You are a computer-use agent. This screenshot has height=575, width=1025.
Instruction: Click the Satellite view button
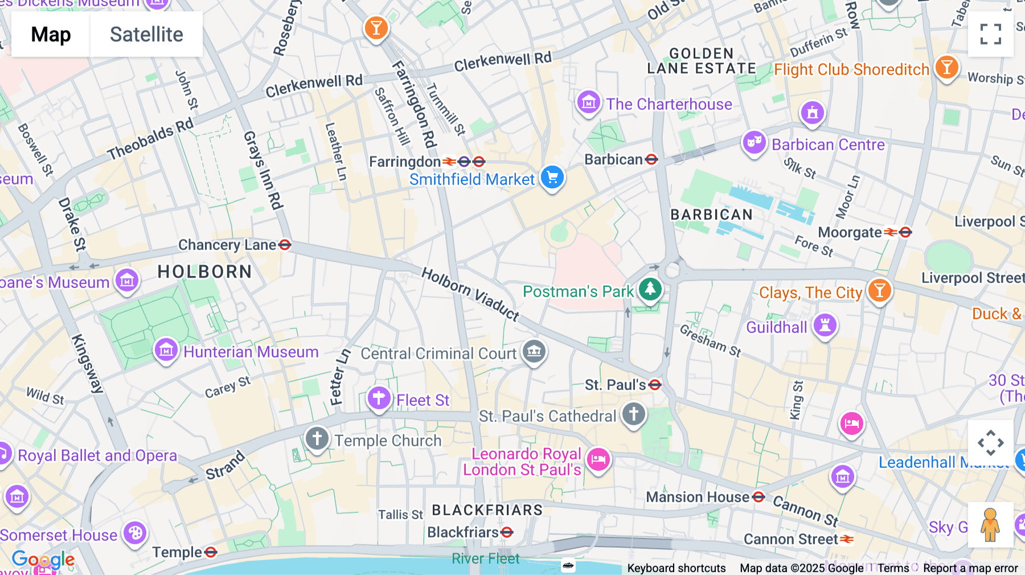click(x=146, y=34)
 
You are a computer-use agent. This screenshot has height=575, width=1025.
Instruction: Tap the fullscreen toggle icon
click(x=990, y=34)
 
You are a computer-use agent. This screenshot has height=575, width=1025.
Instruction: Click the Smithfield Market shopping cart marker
click(x=552, y=178)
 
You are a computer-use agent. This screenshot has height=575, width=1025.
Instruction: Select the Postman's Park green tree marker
click(x=650, y=289)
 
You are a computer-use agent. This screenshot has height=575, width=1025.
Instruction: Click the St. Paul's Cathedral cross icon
click(x=633, y=414)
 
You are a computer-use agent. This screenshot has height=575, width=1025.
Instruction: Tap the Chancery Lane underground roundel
click(x=285, y=245)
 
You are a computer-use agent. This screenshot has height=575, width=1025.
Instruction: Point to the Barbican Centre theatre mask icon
click(x=755, y=142)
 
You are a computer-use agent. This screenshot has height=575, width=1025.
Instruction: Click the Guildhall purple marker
click(x=825, y=326)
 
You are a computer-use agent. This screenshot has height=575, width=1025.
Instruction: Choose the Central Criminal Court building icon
click(x=534, y=351)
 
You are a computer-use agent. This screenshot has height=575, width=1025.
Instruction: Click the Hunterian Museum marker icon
click(x=166, y=350)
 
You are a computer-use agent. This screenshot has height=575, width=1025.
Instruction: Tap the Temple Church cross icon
click(x=317, y=438)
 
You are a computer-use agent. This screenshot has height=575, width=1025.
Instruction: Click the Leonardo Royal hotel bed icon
click(x=598, y=459)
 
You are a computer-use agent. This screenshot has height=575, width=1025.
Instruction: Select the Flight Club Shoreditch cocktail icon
click(x=946, y=68)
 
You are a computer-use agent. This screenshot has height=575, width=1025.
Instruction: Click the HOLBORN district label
click(x=204, y=272)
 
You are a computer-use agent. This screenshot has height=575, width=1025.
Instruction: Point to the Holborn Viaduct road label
click(x=470, y=294)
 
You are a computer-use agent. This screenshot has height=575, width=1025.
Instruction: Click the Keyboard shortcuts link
click(x=676, y=568)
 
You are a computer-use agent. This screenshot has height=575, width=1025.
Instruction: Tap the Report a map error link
click(x=970, y=568)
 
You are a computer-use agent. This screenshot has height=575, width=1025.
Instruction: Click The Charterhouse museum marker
click(x=588, y=102)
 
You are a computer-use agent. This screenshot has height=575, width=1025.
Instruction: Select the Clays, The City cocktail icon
click(x=879, y=290)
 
